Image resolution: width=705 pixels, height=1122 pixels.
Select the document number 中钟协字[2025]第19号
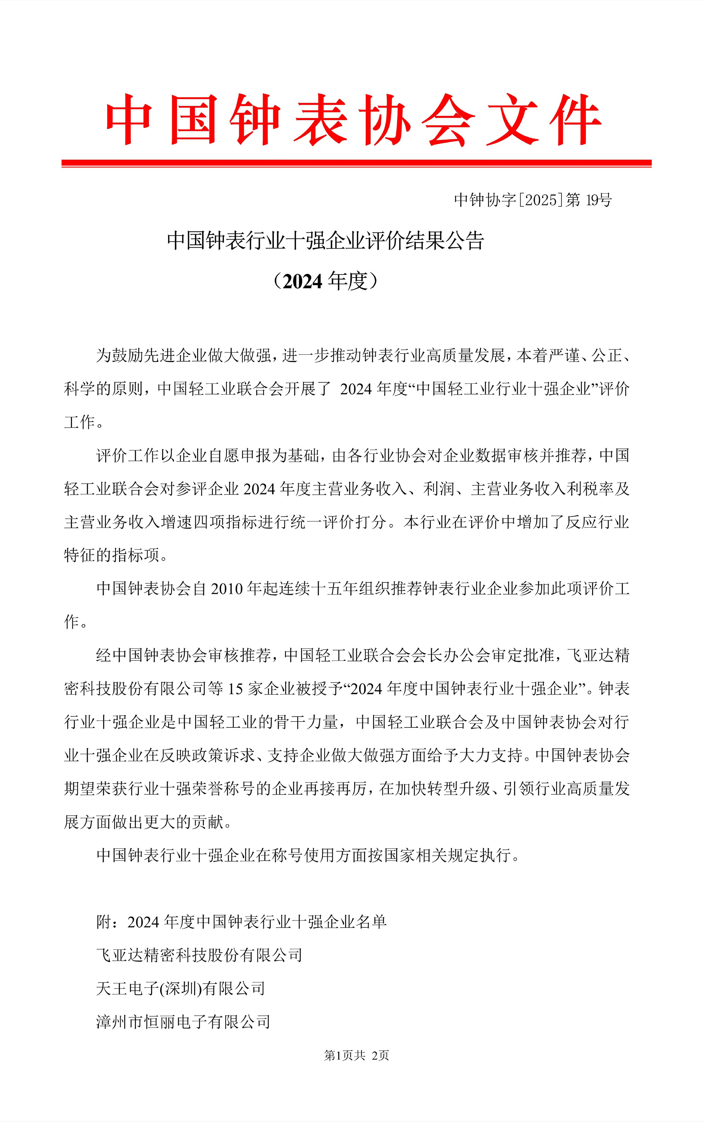click(532, 200)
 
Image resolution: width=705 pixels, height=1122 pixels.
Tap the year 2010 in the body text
click(227, 589)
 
